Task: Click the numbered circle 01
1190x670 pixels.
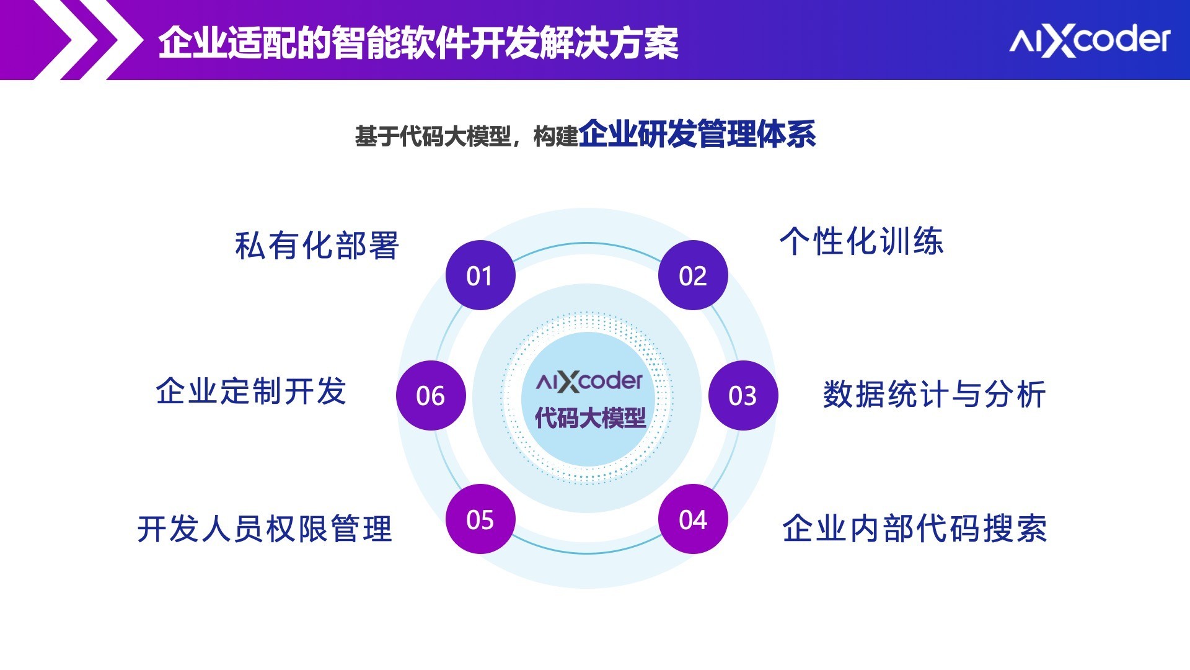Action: (480, 275)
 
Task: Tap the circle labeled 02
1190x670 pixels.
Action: (693, 275)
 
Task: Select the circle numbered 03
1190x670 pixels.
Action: (743, 395)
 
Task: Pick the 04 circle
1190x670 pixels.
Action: (693, 519)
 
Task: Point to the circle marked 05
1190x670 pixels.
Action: (480, 519)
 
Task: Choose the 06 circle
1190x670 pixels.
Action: (431, 395)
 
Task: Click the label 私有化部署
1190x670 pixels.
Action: (317, 246)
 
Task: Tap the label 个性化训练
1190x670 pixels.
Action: (862, 241)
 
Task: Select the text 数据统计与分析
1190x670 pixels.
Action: (935, 395)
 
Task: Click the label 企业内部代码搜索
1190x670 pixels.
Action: (915, 529)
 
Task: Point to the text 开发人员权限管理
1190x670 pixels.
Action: (265, 529)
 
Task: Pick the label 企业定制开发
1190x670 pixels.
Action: (251, 391)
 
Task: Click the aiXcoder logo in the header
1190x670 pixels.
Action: (1090, 41)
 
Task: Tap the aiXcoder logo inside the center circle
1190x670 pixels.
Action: (589, 381)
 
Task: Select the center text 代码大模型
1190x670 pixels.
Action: (590, 418)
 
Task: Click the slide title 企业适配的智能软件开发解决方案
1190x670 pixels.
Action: (418, 43)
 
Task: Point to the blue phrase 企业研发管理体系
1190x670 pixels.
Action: (697, 134)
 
